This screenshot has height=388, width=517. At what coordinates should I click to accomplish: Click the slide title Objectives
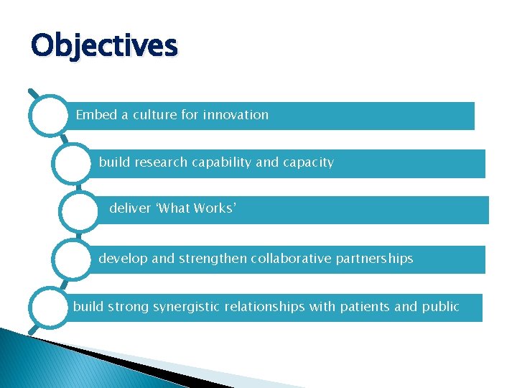point(104,46)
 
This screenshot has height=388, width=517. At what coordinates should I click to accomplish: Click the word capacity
point(308,162)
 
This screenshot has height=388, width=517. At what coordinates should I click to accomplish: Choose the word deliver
point(130,208)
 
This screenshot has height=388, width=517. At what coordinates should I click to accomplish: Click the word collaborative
point(292,258)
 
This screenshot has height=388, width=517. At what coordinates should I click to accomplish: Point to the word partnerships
point(376,258)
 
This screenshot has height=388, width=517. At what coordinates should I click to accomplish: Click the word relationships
point(264,307)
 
